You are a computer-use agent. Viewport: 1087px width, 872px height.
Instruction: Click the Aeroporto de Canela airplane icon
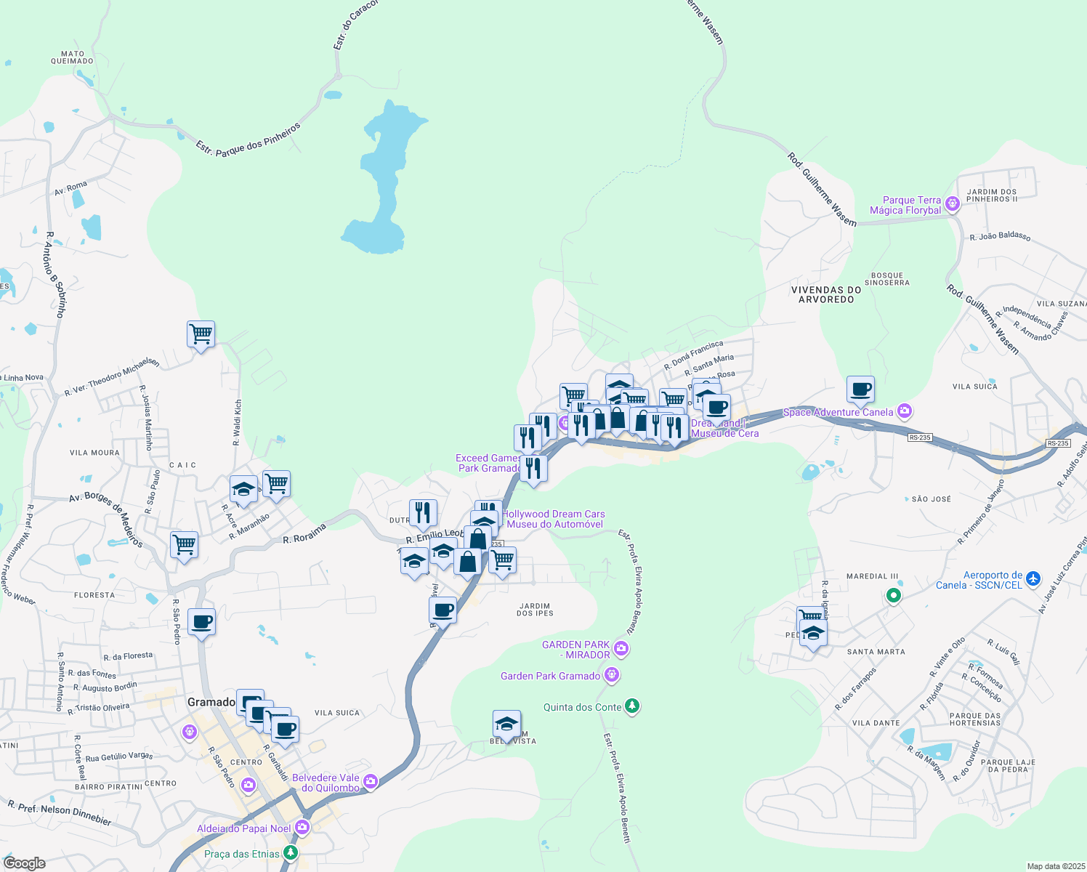pos(1033,579)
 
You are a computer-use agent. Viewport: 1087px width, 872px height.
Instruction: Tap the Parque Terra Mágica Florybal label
pos(905,206)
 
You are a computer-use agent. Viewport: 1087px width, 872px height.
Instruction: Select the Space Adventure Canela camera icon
pos(905,411)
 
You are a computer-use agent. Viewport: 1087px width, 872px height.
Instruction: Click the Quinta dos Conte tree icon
pos(632,706)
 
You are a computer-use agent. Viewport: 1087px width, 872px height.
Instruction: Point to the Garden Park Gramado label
pos(550,676)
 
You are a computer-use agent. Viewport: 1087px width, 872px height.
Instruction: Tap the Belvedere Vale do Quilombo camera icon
pos(371,782)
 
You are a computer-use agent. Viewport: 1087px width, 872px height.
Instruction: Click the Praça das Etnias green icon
pos(291,853)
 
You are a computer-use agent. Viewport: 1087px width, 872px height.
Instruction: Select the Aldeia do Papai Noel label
pos(243,828)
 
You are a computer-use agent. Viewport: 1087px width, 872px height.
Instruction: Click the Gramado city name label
pos(211,702)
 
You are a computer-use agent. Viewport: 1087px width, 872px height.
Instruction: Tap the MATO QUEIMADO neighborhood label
pos(72,57)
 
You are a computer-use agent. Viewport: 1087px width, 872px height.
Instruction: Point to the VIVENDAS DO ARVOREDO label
pos(826,294)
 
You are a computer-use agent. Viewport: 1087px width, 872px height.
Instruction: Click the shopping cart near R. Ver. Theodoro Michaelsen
pos(201,334)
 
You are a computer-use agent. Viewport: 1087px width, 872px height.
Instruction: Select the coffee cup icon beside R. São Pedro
pos(201,622)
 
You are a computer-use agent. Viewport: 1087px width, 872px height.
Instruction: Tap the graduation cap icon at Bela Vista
pos(506,724)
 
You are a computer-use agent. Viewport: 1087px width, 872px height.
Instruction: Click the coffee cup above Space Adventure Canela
pos(860,389)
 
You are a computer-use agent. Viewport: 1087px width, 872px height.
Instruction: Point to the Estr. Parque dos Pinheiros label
pos(248,140)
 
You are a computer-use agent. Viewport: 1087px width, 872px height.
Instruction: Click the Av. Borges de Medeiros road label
pos(106,519)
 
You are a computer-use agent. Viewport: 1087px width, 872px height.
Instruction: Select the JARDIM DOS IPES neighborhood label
pos(535,609)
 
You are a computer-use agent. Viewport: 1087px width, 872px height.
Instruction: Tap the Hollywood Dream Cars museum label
pos(554,519)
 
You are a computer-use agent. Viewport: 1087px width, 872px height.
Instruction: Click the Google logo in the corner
pos(25,863)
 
